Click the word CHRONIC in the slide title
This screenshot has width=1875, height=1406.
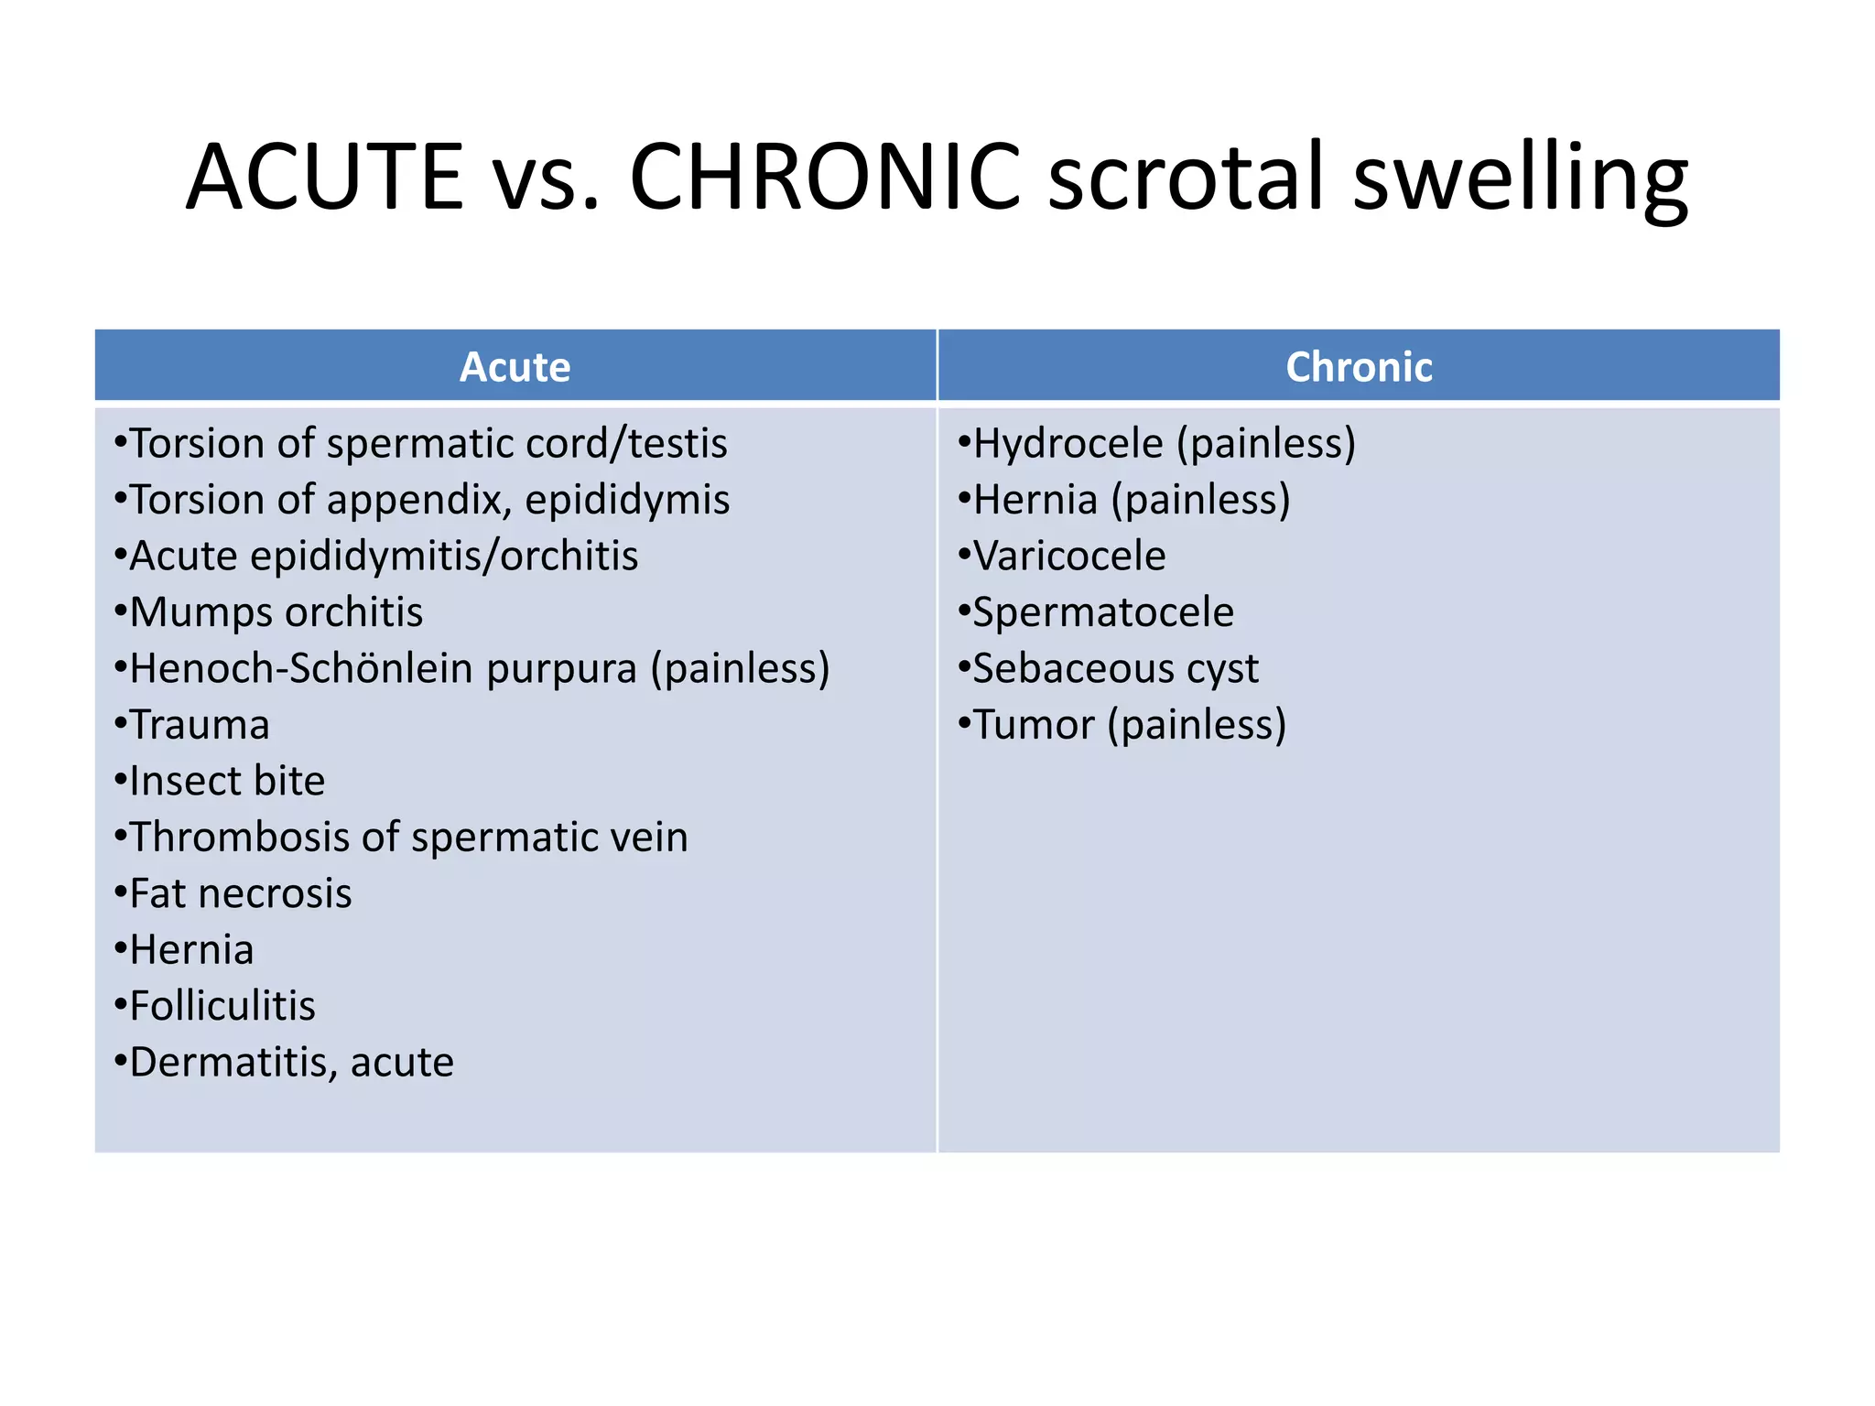click(824, 176)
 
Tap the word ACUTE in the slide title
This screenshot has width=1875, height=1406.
click(325, 176)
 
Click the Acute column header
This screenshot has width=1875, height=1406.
click(515, 367)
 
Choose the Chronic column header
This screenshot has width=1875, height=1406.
click(1359, 367)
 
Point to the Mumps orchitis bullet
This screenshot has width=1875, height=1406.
click(276, 612)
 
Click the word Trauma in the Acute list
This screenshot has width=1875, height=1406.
click(200, 725)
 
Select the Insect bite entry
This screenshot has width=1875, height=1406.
click(227, 781)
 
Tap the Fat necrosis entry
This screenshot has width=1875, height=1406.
click(240, 893)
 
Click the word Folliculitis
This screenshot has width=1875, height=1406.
click(222, 1006)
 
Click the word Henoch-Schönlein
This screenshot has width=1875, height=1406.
click(301, 668)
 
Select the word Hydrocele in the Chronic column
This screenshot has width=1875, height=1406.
click(1068, 444)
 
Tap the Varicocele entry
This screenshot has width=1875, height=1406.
click(1068, 557)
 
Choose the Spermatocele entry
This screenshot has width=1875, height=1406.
click(1102, 612)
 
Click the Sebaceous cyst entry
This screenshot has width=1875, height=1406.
click(1115, 669)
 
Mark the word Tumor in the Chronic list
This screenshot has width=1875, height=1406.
click(1034, 725)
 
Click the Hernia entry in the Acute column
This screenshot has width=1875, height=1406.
click(191, 950)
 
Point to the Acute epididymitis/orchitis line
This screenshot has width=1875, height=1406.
click(384, 557)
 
